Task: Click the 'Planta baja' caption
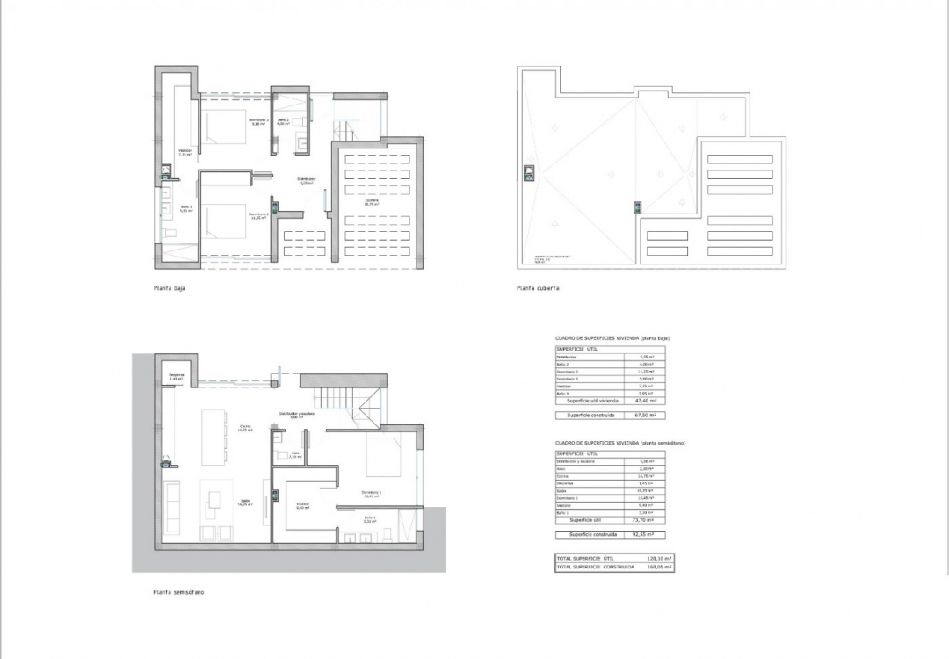(169, 287)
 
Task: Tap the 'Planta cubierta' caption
(539, 287)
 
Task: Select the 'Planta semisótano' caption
(178, 592)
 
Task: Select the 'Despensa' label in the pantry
(176, 377)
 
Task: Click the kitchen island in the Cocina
(214, 436)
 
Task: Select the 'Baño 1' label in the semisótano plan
(369, 519)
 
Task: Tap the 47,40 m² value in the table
(650, 400)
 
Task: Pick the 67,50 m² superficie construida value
(650, 415)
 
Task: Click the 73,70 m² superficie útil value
(650, 519)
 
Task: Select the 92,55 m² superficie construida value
(650, 534)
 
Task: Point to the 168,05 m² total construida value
(658, 567)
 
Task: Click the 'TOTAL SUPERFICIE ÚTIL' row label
(585, 558)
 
